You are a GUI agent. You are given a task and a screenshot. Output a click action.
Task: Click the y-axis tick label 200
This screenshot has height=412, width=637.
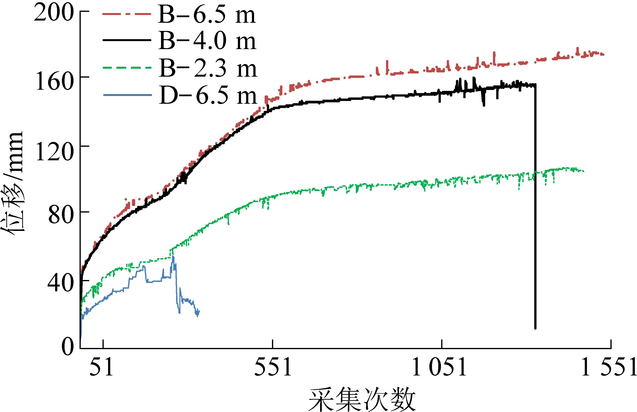53,13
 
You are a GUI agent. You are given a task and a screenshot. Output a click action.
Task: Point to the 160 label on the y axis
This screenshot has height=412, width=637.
54,81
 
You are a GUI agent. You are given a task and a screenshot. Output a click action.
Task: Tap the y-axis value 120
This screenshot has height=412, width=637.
54,152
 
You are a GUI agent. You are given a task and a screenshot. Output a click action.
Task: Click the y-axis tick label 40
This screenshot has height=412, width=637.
60,283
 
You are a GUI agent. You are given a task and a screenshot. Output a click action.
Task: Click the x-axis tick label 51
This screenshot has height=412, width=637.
101,368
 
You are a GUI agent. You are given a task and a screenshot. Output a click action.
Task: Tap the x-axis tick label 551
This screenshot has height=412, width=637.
272,368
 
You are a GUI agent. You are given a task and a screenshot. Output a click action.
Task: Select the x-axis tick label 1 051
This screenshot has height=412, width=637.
439,368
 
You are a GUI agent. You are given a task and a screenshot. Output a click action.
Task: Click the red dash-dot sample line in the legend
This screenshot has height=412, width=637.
127,14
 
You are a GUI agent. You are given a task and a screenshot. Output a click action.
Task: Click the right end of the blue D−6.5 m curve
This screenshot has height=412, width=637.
199,311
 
